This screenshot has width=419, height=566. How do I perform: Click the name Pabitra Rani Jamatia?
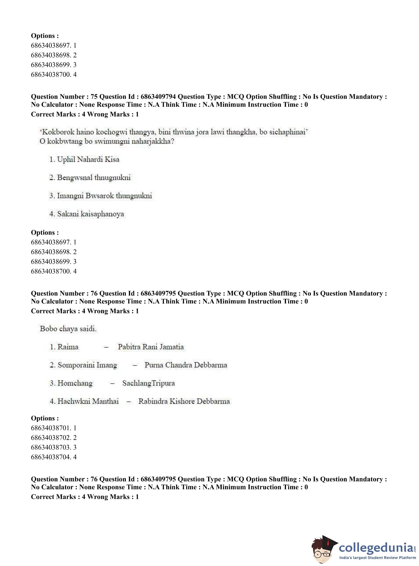[x=151, y=347]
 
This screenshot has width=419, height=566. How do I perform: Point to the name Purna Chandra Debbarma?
[x=186, y=365]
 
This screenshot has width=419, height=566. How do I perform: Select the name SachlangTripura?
[x=148, y=383]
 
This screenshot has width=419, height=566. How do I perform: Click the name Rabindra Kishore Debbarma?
[x=184, y=401]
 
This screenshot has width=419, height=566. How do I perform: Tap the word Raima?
[x=68, y=347]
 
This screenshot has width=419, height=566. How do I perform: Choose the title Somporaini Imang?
[x=87, y=365]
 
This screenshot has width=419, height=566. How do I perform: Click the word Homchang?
[x=75, y=383]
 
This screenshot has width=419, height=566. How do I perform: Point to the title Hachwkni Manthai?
[x=88, y=401]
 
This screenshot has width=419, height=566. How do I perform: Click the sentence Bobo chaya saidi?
[x=68, y=329]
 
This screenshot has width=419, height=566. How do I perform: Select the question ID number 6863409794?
[x=158, y=96]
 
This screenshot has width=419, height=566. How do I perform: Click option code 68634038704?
[x=51, y=457]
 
